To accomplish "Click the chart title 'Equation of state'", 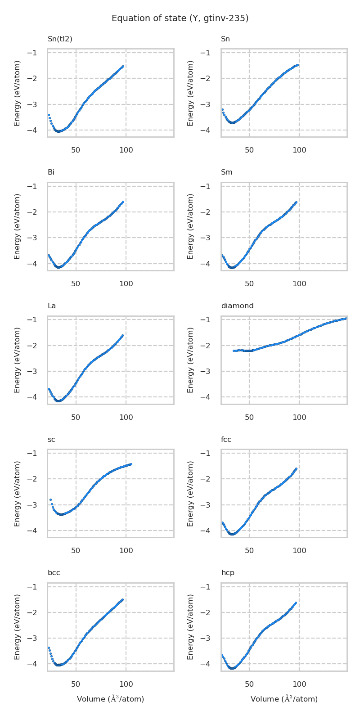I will coord(180,18).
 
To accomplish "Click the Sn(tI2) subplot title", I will coord(60,39).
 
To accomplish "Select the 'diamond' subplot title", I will coord(237,306).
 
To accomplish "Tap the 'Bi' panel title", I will coord(51,172).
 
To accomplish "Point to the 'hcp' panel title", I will coord(227,573).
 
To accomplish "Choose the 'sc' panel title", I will coord(51,440).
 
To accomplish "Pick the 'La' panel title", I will coord(52,306).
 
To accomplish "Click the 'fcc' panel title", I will coord(226,440).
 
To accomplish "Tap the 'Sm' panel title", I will coord(226,172).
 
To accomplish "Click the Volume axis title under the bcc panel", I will coord(110,699).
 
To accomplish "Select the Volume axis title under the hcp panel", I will coord(284,699).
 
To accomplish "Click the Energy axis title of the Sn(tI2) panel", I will coord(17,93).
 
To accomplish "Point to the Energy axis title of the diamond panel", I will coord(191,360).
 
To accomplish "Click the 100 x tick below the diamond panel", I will coord(299,417).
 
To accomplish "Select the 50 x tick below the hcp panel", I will coord(249,684).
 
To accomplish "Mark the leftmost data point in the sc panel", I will coord(50,499).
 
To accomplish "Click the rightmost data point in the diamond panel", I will coord(345,319).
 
